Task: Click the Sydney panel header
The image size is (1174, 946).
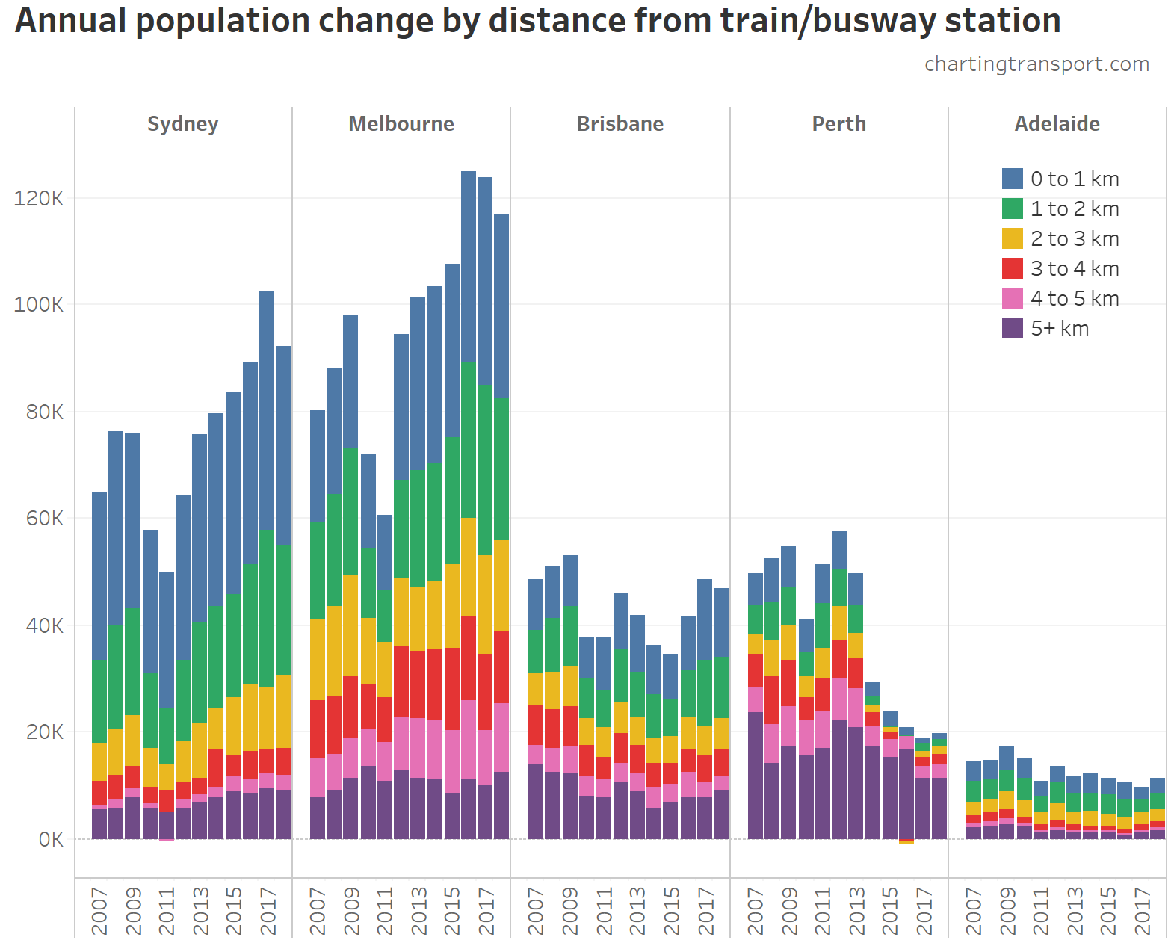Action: pyautogui.click(x=182, y=123)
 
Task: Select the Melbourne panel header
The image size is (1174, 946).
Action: pyautogui.click(x=401, y=123)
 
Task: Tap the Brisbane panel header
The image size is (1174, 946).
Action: pyautogui.click(x=620, y=123)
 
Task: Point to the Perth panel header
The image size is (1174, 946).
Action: pyautogui.click(x=838, y=123)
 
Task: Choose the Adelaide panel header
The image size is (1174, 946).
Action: pyautogui.click(x=1057, y=123)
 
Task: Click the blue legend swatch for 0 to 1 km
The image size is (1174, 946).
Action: pyautogui.click(x=1012, y=179)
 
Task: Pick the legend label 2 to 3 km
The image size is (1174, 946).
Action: pyautogui.click(x=1075, y=238)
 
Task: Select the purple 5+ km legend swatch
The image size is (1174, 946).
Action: pyautogui.click(x=1012, y=328)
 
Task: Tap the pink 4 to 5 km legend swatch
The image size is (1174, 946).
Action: pyautogui.click(x=1012, y=298)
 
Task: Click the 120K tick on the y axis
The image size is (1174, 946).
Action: pyautogui.click(x=39, y=199)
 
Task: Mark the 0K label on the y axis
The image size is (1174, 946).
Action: pyautogui.click(x=51, y=840)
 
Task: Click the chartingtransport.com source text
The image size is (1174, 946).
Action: pyautogui.click(x=1036, y=64)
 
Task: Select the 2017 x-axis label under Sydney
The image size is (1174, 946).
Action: pyautogui.click(x=268, y=911)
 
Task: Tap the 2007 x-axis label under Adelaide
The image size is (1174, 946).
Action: pyautogui.click(x=973, y=911)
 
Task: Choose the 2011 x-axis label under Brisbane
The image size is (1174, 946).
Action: pyautogui.click(x=604, y=911)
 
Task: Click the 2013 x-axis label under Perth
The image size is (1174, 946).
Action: pyautogui.click(x=856, y=911)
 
